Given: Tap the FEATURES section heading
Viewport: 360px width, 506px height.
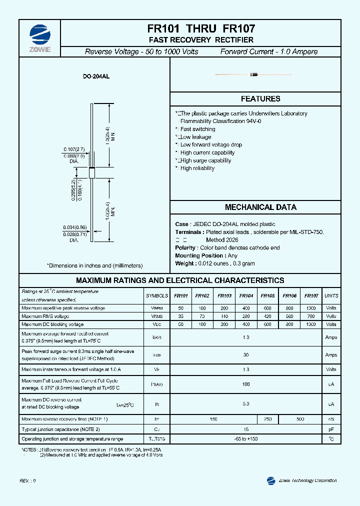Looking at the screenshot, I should click(x=260, y=99).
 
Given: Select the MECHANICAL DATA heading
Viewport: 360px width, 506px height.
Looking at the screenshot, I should click(x=260, y=207).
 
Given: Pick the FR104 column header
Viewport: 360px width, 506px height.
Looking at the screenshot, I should click(x=246, y=296).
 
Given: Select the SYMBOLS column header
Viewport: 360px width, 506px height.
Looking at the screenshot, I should click(x=157, y=296).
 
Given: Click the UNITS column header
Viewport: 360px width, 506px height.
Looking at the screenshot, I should click(x=331, y=296).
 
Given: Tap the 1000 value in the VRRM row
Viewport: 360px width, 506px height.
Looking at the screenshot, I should click(x=311, y=308).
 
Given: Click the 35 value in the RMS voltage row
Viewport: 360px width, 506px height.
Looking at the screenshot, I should click(x=181, y=316).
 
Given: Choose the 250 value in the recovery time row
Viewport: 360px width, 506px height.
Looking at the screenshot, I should click(x=267, y=419).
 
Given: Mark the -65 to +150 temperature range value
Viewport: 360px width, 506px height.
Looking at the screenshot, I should click(x=245, y=438).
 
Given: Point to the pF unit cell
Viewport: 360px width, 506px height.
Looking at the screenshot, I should click(x=331, y=429).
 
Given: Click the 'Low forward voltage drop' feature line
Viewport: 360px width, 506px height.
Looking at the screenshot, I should click(x=210, y=145).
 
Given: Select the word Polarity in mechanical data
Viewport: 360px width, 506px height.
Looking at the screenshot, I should click(x=185, y=248).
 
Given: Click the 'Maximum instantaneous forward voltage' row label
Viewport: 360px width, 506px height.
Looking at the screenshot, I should click(x=71, y=369).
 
